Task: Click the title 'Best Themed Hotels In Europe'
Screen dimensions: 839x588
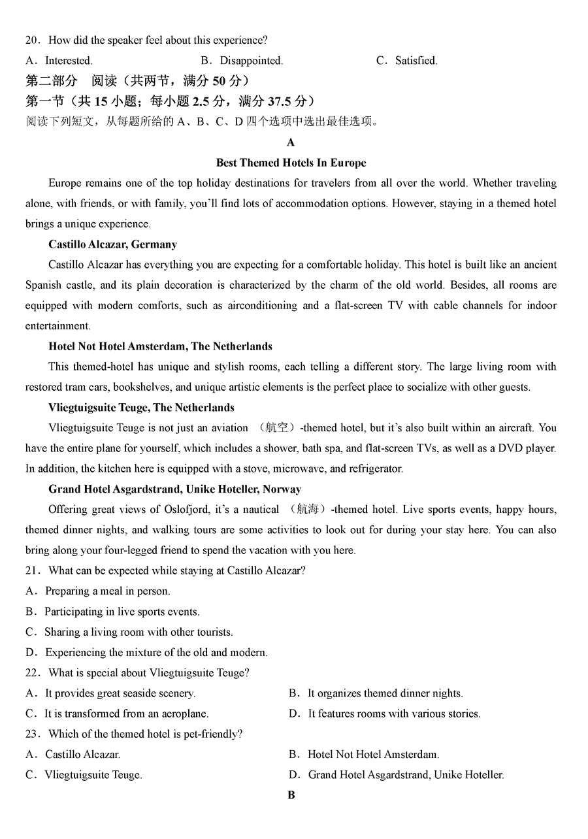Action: (291, 163)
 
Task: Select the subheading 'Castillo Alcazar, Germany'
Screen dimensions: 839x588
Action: (112, 244)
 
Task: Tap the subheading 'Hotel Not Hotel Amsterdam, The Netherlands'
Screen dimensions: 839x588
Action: (160, 346)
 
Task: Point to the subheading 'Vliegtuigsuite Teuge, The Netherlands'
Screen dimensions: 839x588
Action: (141, 408)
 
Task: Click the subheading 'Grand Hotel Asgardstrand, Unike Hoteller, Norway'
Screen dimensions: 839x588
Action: (174, 489)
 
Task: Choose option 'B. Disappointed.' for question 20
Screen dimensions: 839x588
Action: (242, 61)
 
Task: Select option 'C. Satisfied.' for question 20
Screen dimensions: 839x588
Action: (407, 61)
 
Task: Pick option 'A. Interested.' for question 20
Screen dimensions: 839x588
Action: (59, 61)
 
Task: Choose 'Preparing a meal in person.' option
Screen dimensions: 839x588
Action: (107, 591)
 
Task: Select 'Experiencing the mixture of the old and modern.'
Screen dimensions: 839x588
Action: (155, 652)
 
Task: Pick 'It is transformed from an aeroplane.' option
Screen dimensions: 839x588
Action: (126, 714)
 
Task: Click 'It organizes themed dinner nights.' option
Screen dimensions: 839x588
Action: (385, 693)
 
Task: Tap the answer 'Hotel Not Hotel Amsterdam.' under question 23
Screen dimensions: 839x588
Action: (373, 754)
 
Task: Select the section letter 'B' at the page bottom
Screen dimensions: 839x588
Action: (291, 795)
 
